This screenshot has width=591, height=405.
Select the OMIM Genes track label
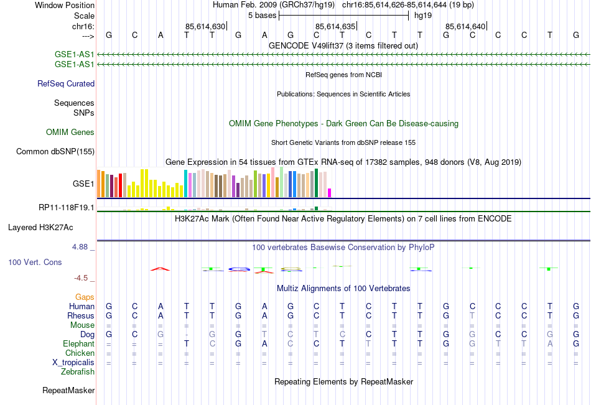[x=70, y=132]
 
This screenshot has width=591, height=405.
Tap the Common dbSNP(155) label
[x=55, y=151]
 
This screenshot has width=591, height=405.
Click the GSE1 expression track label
[x=83, y=184]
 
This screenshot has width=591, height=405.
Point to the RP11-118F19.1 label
[x=67, y=207]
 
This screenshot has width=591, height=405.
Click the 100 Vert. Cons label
[x=35, y=263]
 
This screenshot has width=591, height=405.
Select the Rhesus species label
[x=81, y=315]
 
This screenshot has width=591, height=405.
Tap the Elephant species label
[x=79, y=343]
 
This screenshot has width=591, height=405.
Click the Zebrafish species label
[x=78, y=371]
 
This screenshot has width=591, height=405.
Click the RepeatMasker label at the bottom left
[x=68, y=391]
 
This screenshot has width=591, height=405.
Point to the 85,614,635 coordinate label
[x=335, y=26]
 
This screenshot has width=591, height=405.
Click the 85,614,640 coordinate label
[x=465, y=26]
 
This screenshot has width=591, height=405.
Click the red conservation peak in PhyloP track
[x=161, y=269]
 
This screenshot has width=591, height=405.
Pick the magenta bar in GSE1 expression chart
[x=330, y=192]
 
